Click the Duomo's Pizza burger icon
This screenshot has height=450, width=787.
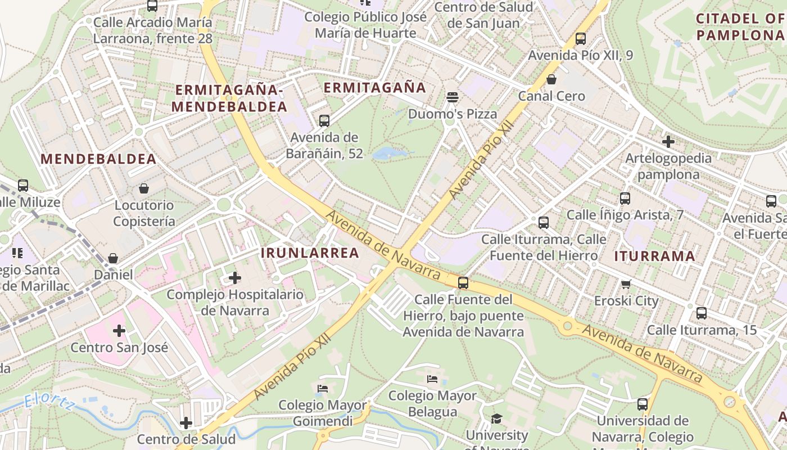453,97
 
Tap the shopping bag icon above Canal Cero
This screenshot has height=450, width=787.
551,79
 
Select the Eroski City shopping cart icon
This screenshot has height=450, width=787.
626,284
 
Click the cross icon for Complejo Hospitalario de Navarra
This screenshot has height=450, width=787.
235,277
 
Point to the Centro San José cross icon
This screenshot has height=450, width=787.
119,331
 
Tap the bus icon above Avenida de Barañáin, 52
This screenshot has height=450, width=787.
324,120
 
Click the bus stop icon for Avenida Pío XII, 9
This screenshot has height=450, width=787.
581,39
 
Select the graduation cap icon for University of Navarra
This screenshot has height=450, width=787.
496,418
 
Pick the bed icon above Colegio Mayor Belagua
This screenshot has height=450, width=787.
432,379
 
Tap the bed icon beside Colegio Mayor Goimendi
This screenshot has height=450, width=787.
322,388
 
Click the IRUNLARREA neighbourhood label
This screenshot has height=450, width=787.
310,253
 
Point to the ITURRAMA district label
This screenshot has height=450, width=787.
654,256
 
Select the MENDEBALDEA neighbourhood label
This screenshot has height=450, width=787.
98,159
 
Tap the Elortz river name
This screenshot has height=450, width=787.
49,403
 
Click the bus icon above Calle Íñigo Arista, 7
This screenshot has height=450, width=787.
625,198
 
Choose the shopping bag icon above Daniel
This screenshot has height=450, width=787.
113,258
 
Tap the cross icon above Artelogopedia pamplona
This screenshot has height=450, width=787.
668,141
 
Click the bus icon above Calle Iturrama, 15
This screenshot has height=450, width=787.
702,313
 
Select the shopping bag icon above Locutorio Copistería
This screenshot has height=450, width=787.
144,188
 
